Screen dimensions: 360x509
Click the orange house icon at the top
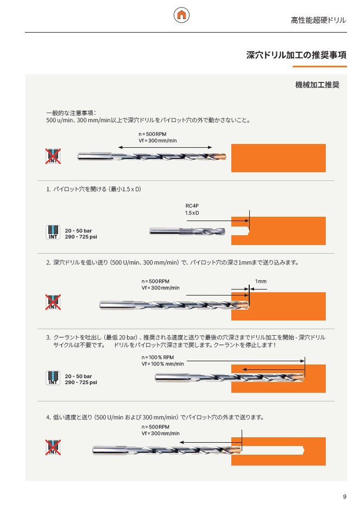(x=181, y=15)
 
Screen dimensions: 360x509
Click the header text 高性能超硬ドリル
(x=318, y=20)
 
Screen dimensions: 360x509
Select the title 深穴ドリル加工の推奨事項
(x=296, y=55)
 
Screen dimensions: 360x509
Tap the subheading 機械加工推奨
(x=317, y=85)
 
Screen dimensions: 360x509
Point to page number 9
(x=344, y=497)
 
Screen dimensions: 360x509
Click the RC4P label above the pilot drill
(x=192, y=206)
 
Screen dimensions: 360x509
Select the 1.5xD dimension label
(x=192, y=213)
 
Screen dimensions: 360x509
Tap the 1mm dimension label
(x=261, y=281)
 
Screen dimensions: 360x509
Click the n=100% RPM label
(x=157, y=357)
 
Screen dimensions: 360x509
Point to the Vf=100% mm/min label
(x=163, y=364)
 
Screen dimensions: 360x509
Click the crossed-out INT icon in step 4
(x=53, y=447)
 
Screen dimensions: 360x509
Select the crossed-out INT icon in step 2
(x=53, y=302)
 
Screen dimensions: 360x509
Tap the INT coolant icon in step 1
(x=53, y=232)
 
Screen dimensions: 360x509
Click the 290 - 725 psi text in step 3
(x=81, y=382)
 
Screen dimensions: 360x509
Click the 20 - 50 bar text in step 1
(x=78, y=231)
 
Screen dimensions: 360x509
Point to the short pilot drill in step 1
(x=187, y=231)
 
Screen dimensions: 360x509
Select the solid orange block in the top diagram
(x=279, y=158)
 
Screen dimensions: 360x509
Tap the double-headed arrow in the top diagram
(x=165, y=147)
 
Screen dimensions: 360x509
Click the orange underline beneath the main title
(x=320, y=67)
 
